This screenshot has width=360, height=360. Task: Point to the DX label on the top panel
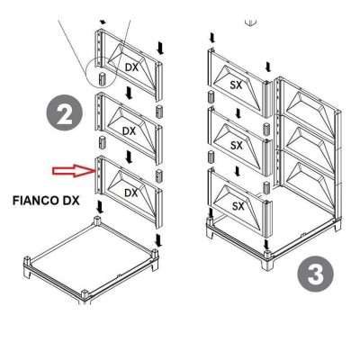[130, 67]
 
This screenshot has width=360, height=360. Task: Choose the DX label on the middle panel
[129, 130]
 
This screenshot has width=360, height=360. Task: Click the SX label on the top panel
[238, 84]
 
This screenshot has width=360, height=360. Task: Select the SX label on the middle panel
[238, 144]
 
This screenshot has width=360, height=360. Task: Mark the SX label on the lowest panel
[238, 206]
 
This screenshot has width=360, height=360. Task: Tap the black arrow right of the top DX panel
[159, 45]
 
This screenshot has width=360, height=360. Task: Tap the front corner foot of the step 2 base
[84, 295]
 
